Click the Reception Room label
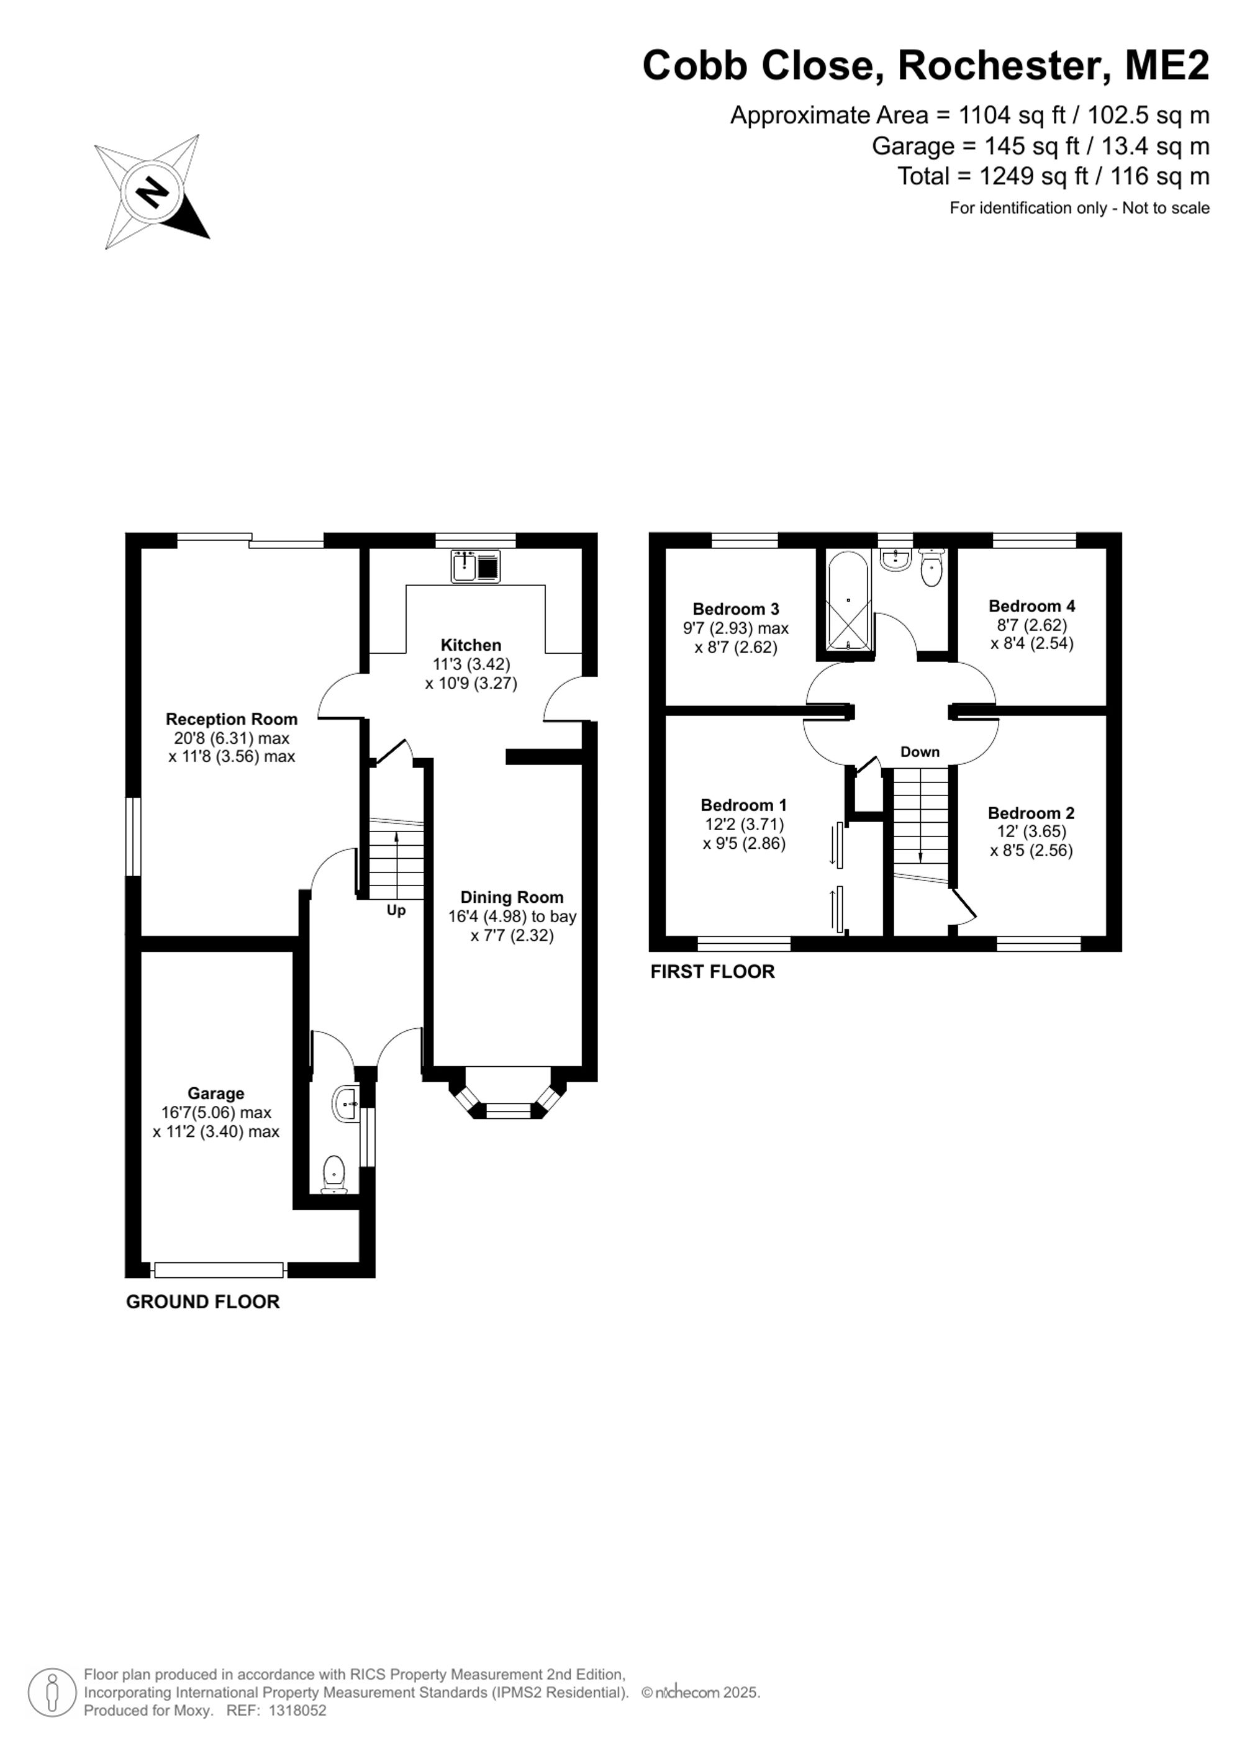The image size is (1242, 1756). [232, 719]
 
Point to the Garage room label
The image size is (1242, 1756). [215, 1093]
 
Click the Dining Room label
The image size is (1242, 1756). [512, 897]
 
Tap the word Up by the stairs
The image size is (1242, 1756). [396, 910]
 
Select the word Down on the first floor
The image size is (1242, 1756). [919, 752]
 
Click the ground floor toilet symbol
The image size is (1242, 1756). [334, 1175]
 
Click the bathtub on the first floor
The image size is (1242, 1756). [848, 601]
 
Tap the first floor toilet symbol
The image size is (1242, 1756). [931, 568]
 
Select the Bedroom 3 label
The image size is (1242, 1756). [736, 609]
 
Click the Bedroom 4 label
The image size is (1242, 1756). [1031, 606]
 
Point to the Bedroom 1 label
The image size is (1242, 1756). [743, 805]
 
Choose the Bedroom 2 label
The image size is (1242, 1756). [1031, 813]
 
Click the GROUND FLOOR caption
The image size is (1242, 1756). [202, 1301]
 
